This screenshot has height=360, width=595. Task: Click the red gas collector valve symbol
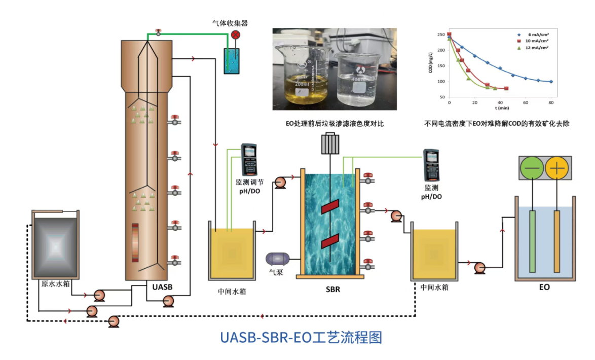click(236, 34)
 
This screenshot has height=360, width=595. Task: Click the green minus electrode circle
click(533, 168)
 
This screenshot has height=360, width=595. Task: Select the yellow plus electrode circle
click(557, 168)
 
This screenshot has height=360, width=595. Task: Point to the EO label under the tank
click(544, 287)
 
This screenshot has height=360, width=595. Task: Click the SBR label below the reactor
click(332, 290)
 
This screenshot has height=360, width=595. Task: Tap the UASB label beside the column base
click(162, 287)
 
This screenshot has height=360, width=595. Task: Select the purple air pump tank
click(278, 259)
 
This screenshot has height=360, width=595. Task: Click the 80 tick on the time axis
click(551, 102)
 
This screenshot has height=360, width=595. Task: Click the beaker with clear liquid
click(359, 81)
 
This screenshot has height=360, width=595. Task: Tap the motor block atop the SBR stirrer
click(329, 144)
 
